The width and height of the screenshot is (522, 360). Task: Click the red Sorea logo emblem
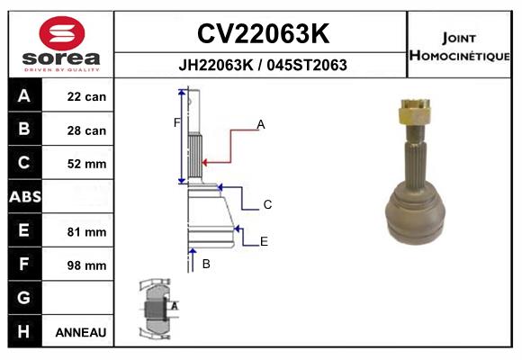(62, 33)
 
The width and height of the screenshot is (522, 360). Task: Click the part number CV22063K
(263, 33)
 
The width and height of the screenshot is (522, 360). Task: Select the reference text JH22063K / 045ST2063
(263, 65)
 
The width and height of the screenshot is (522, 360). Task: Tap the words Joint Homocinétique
(459, 47)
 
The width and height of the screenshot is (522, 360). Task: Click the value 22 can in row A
(86, 97)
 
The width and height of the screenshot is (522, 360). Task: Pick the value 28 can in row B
(86, 130)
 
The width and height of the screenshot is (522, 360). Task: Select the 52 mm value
(86, 164)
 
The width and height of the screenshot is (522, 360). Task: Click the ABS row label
(25, 196)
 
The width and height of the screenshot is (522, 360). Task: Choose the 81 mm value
(86, 232)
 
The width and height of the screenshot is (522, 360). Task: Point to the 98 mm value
(86, 265)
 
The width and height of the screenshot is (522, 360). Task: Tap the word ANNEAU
(81, 332)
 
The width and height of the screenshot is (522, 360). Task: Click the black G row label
(24, 297)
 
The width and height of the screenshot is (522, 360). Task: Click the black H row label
(24, 331)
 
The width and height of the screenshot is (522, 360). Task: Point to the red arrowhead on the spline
(204, 163)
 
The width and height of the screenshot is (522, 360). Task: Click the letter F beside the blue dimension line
(176, 123)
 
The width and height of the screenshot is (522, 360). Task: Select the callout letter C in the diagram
(267, 204)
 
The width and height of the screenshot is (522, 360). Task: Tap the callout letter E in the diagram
(264, 241)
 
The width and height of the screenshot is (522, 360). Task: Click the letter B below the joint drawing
(206, 264)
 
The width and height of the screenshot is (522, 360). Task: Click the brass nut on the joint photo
(415, 112)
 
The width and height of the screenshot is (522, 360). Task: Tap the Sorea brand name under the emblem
(61, 58)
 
